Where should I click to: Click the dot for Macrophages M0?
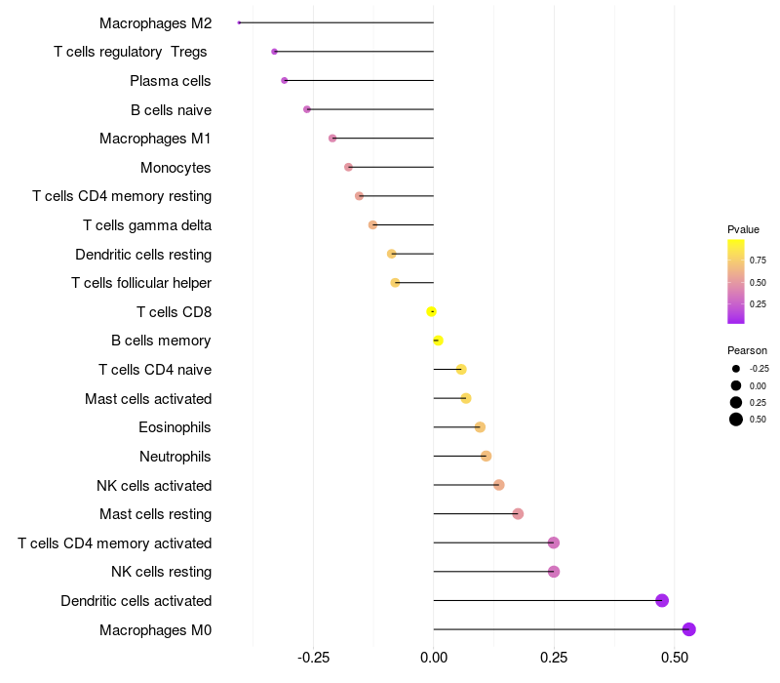pyautogui.click(x=689, y=629)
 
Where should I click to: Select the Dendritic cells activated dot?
pyautogui.click(x=662, y=600)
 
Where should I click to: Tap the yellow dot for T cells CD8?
pyautogui.click(x=431, y=312)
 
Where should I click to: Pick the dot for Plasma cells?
pyautogui.click(x=284, y=80)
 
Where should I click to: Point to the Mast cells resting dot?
pyautogui.click(x=518, y=514)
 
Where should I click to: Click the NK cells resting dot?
pyautogui.click(x=554, y=572)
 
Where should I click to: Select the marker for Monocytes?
pyautogui.click(x=348, y=167)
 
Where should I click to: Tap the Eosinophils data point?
pyautogui.click(x=480, y=427)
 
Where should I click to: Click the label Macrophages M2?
pyautogui.click(x=155, y=22)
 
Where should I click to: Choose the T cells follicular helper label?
pyautogui.click(x=141, y=283)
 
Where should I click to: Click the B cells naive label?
pyautogui.click(x=171, y=109)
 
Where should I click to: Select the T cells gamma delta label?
pyautogui.click(x=147, y=225)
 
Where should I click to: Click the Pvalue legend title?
pyautogui.click(x=743, y=229)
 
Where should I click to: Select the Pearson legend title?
pyautogui.click(x=747, y=349)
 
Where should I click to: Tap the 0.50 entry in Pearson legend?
pyautogui.click(x=757, y=420)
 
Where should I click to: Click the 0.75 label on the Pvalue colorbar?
pyautogui.click(x=758, y=261)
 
